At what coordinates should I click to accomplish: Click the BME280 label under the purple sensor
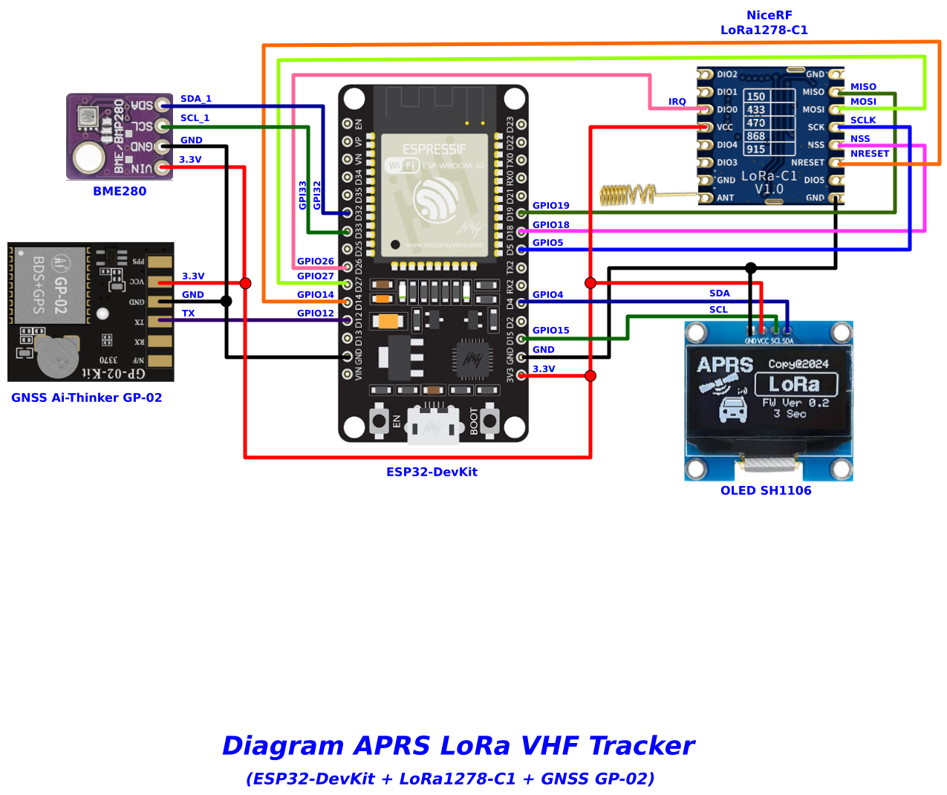pos(120,191)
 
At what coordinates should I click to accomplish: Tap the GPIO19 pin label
pos(550,206)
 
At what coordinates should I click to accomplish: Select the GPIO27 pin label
pos(315,276)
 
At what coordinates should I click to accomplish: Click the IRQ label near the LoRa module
pos(677,102)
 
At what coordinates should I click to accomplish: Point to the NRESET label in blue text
pos(869,154)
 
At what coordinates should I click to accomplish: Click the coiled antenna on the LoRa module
pos(627,195)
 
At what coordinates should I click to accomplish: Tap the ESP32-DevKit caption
pos(432,472)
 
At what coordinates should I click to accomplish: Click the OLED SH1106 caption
pos(765,490)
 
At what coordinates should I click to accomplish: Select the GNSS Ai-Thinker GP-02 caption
pos(86,397)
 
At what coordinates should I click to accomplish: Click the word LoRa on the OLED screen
pos(795,384)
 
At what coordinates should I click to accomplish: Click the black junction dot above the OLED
pos(751,268)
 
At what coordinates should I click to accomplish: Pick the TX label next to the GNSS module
pos(188,314)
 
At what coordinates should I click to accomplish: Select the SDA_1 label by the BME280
pos(195,99)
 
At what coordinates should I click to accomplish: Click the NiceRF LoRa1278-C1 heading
pos(765,22)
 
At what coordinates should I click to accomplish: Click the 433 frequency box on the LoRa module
pos(755,110)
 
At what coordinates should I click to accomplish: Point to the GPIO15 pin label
pos(550,331)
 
